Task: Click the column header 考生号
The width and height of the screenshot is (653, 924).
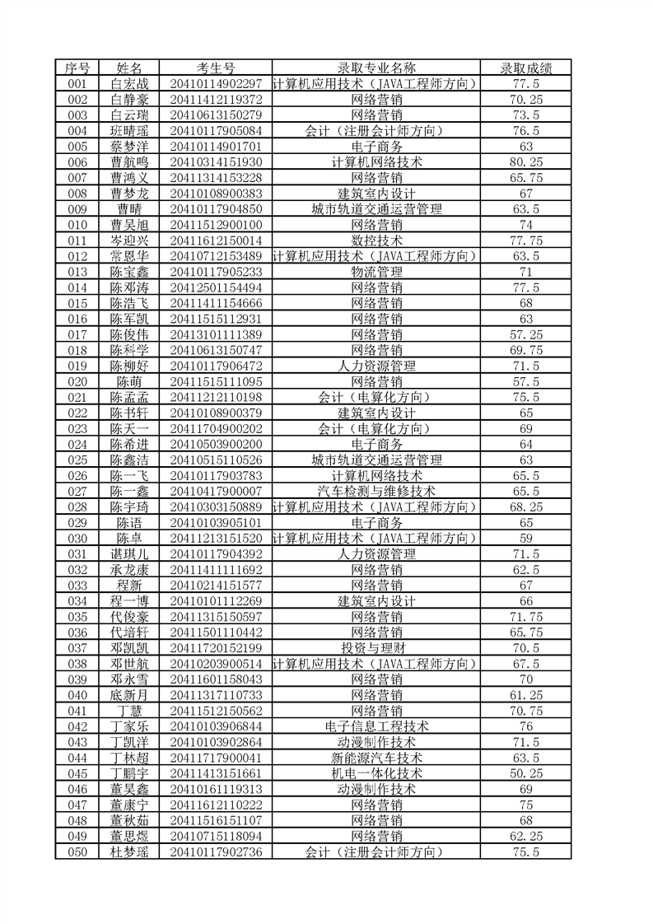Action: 215,68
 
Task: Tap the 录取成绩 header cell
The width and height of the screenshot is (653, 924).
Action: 526,68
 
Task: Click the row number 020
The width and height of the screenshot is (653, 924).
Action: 77,381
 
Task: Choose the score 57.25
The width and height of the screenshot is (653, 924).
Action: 526,334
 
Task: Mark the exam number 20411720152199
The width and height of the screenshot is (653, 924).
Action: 215,647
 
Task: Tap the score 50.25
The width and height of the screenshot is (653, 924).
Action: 526,772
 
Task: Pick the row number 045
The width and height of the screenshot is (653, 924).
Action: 77,772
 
